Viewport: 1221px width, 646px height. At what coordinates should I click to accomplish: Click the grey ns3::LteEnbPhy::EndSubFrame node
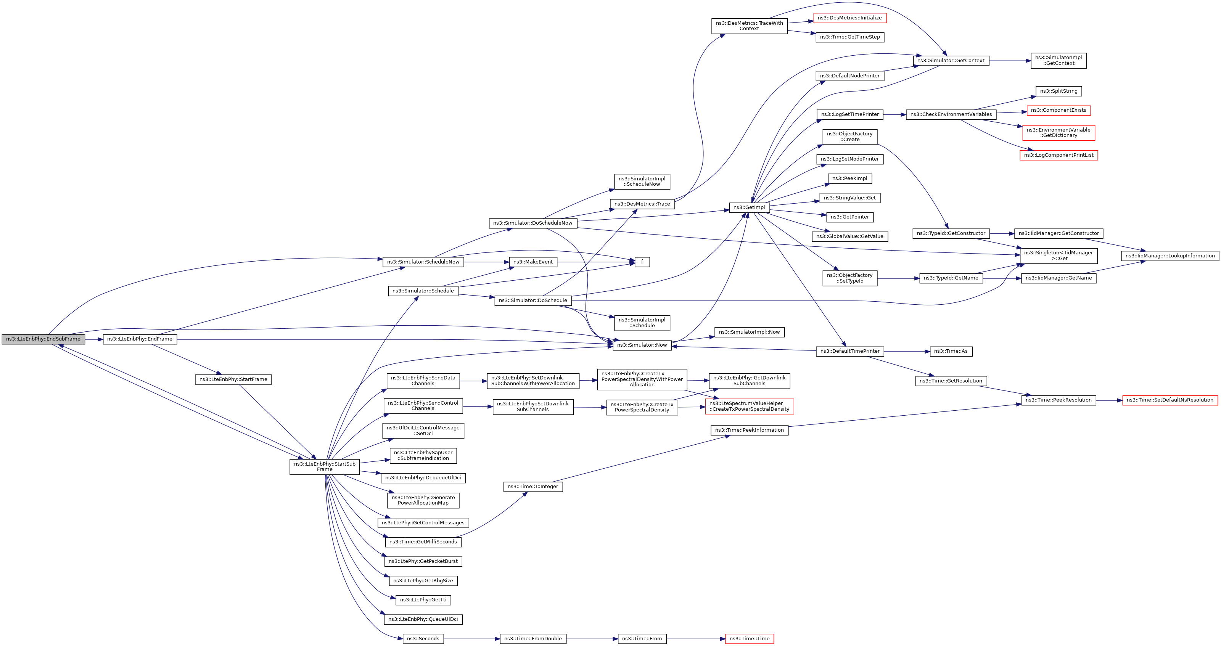[43, 339]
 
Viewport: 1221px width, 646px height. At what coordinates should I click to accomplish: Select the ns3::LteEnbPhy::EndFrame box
[140, 339]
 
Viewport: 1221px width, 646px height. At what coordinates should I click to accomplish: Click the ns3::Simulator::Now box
[642, 345]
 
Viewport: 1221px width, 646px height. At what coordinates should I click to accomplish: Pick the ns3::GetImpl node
[749, 207]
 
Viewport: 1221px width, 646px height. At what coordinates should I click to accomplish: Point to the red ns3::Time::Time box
[750, 639]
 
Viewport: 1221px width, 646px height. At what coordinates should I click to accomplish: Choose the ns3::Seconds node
[423, 639]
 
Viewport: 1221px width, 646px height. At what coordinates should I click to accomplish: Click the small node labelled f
[642, 262]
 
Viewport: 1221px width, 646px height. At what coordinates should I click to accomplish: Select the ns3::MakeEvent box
[533, 262]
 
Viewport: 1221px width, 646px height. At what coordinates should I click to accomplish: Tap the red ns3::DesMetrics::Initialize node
[849, 18]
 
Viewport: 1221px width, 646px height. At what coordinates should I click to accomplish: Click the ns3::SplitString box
[1059, 91]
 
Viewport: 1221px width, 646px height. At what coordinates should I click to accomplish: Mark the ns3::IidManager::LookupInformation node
[1170, 256]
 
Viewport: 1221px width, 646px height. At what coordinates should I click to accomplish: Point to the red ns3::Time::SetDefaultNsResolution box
[1170, 400]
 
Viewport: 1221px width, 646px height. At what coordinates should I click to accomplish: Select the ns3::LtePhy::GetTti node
[423, 600]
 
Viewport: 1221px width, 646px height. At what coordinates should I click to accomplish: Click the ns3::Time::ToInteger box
[533, 487]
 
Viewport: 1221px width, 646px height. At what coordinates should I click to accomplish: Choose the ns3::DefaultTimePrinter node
[849, 351]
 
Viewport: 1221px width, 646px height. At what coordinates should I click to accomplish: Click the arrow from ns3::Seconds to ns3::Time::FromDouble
[471, 639]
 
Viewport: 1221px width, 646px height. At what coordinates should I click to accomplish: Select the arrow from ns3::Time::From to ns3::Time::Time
[696, 639]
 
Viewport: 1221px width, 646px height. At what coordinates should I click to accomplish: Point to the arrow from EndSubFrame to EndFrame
[94, 339]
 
